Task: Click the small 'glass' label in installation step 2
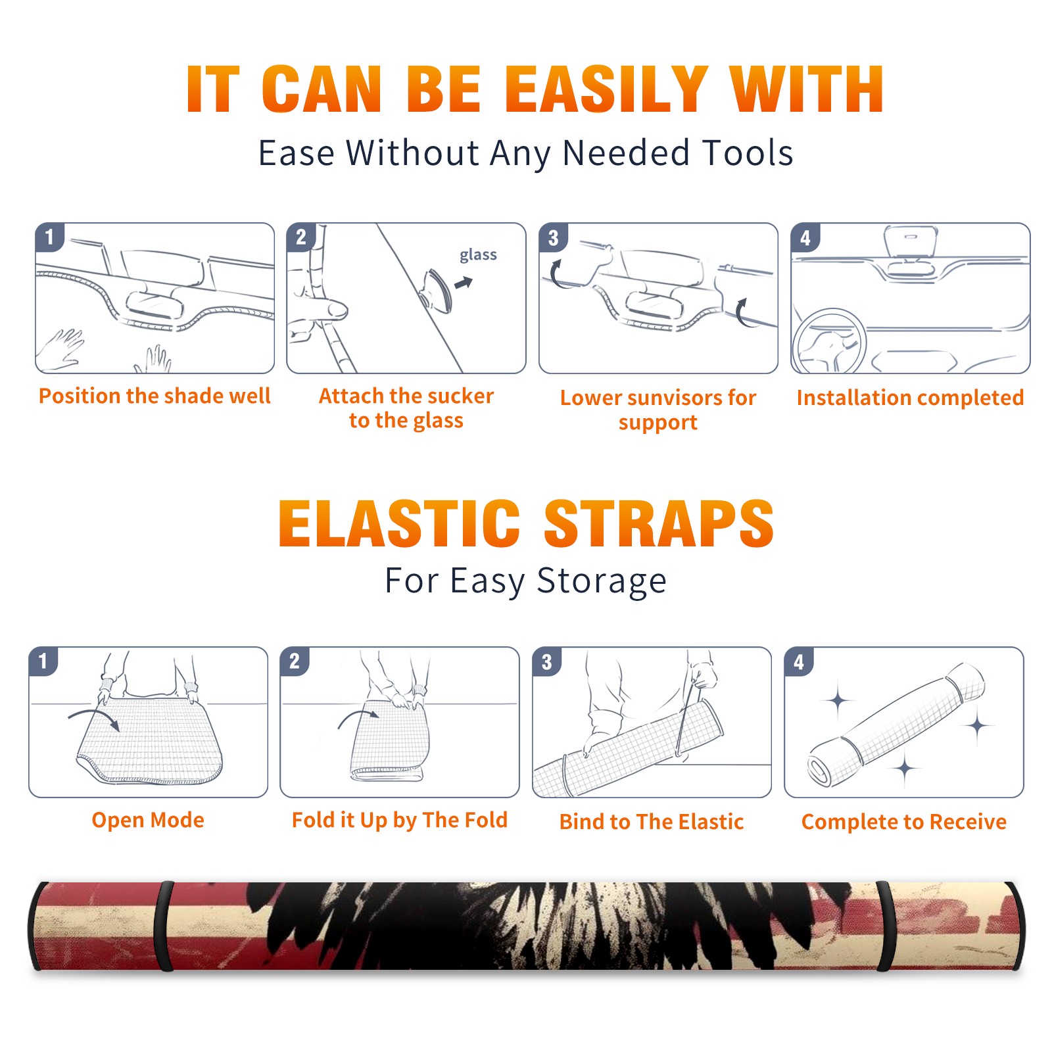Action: click(x=478, y=255)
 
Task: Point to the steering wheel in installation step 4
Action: click(x=828, y=341)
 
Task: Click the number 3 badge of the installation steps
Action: click(x=553, y=237)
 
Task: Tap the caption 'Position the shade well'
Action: click(x=155, y=396)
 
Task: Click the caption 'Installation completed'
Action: click(x=910, y=398)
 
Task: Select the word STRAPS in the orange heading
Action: click(x=659, y=523)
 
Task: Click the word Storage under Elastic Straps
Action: click(x=602, y=581)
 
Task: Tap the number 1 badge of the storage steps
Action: click(x=43, y=661)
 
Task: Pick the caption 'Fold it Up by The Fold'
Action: click(x=400, y=820)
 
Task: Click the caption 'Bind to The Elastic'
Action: click(x=652, y=822)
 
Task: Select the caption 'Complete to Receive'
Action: click(x=904, y=822)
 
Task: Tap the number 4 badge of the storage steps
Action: click(x=799, y=661)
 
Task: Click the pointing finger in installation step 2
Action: click(x=318, y=309)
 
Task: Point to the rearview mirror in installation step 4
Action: click(x=910, y=241)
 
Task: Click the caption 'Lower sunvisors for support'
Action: click(x=658, y=410)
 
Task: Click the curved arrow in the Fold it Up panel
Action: click(x=358, y=717)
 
